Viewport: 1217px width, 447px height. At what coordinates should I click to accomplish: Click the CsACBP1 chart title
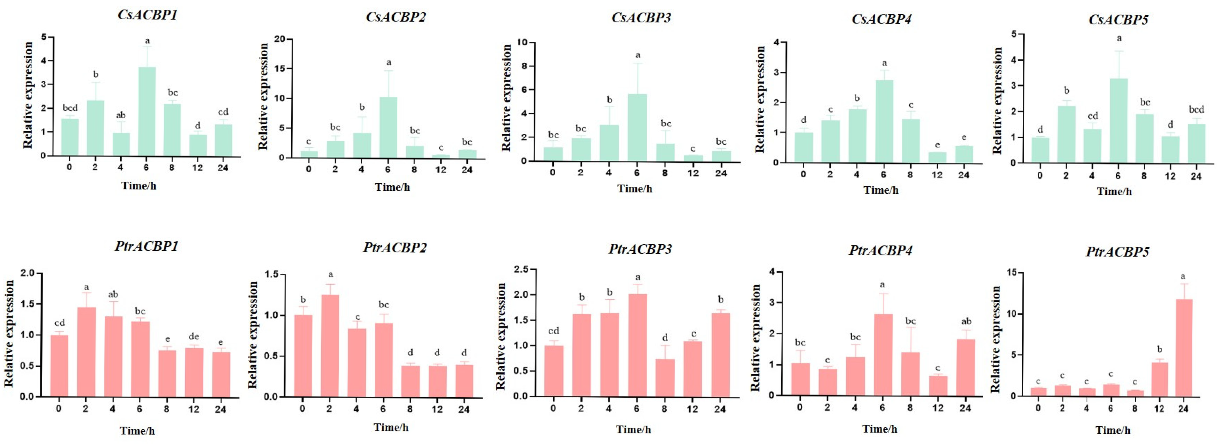(x=147, y=15)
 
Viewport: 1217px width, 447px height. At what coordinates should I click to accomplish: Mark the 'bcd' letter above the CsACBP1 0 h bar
(x=70, y=108)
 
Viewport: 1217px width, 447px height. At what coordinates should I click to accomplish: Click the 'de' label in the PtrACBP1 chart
(x=194, y=336)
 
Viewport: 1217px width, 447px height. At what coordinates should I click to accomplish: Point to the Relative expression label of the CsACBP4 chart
(x=760, y=99)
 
